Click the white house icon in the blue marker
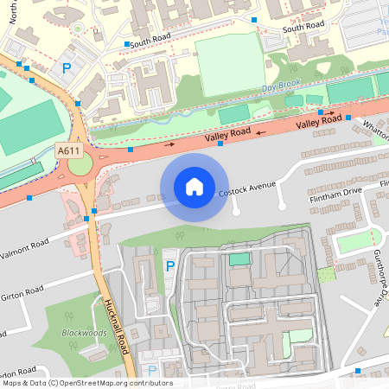pos(194,187)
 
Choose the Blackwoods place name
pos(83,333)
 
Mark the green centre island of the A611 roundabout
pos(80,164)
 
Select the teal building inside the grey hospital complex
pos(239,259)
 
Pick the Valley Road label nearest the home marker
pos(227,135)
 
